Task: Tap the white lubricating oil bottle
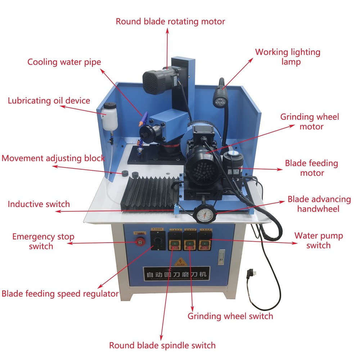pyautogui.click(x=108, y=116)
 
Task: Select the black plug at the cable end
pyautogui.click(x=249, y=276)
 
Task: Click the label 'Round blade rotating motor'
pyautogui.click(x=170, y=21)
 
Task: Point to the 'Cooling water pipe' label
pyautogui.click(x=64, y=62)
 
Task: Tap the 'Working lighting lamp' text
pyautogui.click(x=288, y=57)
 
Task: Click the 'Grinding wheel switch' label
pyautogui.click(x=230, y=316)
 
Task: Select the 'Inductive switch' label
pyautogui.click(x=39, y=204)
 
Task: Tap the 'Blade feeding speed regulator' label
pyautogui.click(x=60, y=293)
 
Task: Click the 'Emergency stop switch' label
pyautogui.click(x=43, y=241)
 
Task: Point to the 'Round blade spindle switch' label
pyautogui.click(x=162, y=345)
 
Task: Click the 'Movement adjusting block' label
pyautogui.click(x=53, y=158)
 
